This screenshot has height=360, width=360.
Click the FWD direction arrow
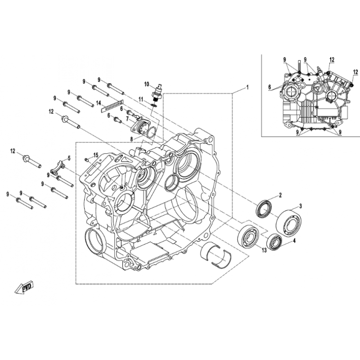[24, 287]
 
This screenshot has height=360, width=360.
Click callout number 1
[247, 87]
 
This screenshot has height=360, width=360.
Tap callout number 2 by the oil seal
[280, 195]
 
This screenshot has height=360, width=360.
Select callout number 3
[301, 206]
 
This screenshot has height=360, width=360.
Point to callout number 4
[294, 241]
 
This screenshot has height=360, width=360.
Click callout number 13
[264, 250]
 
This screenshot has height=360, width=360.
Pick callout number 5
[69, 158]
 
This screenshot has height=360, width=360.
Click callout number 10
[147, 84]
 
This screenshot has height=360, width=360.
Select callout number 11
[141, 99]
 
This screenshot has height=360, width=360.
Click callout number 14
[99, 103]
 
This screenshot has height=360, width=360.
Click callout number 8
[131, 139]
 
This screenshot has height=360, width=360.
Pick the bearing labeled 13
[248, 237]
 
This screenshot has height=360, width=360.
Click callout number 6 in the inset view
[270, 87]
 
